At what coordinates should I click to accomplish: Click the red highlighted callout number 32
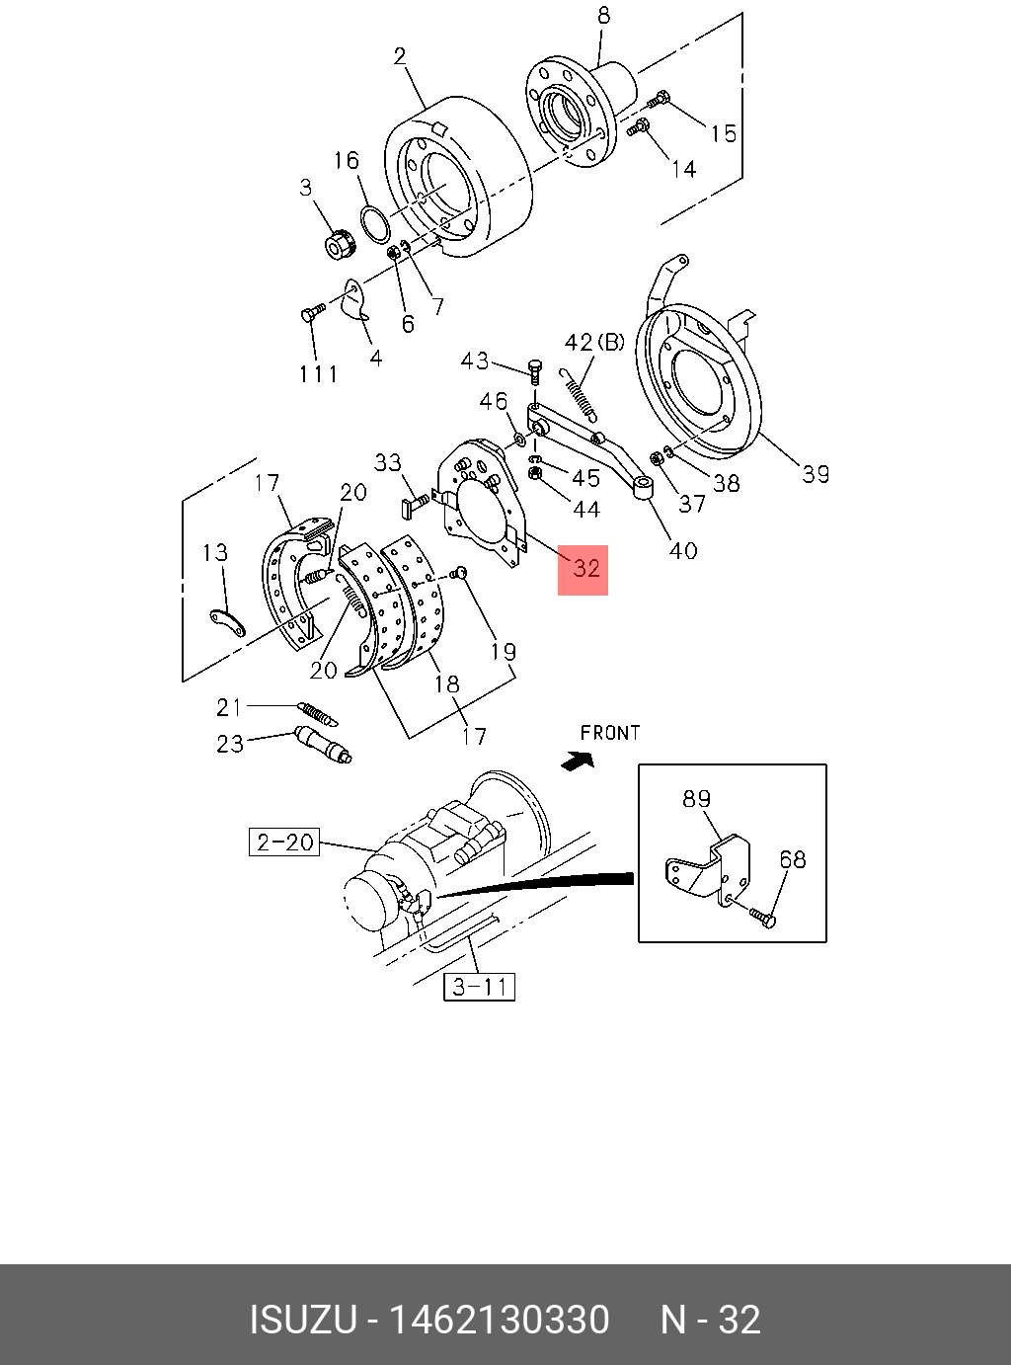(583, 569)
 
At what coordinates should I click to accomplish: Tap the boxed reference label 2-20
(283, 843)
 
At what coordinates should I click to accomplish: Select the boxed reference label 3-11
(481, 986)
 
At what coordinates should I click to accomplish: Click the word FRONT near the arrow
(610, 733)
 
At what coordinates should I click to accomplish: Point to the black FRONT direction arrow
(578, 760)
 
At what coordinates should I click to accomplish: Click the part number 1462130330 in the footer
(500, 1320)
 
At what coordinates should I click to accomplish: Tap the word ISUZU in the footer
(302, 1320)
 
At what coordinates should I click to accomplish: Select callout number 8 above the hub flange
(603, 16)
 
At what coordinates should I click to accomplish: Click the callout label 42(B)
(594, 343)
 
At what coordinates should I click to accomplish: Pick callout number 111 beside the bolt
(318, 373)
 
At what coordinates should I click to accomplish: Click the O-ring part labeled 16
(376, 224)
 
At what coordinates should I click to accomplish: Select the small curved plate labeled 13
(229, 622)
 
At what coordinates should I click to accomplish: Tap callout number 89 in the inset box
(696, 798)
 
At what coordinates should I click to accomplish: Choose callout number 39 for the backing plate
(816, 474)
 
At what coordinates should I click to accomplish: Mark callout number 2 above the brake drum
(400, 56)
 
